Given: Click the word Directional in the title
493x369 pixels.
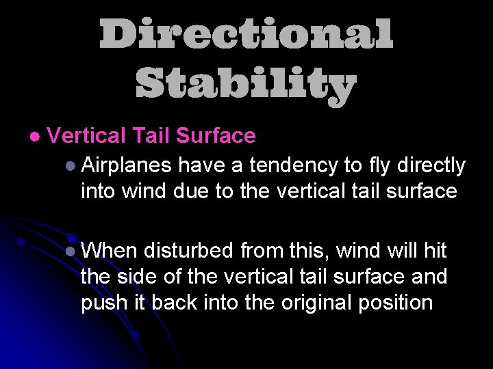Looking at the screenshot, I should pos(246,34).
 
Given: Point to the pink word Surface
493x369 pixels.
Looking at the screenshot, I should pos(216,136).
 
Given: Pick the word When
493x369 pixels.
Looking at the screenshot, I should pos(109,251).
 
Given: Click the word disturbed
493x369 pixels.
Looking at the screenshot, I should pos(190,251).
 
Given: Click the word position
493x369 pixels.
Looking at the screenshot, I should pos(397,302).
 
